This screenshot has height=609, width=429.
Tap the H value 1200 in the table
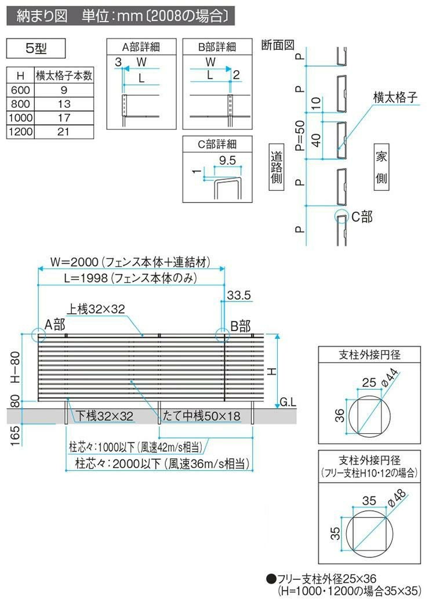click(x=21, y=132)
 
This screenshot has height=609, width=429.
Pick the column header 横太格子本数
click(x=64, y=75)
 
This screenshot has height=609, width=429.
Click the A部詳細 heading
click(x=141, y=47)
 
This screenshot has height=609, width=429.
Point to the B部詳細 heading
click(x=217, y=47)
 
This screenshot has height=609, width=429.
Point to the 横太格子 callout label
click(x=395, y=97)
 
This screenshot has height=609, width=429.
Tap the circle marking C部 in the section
click(x=341, y=217)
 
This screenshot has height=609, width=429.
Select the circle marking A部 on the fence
click(x=39, y=336)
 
